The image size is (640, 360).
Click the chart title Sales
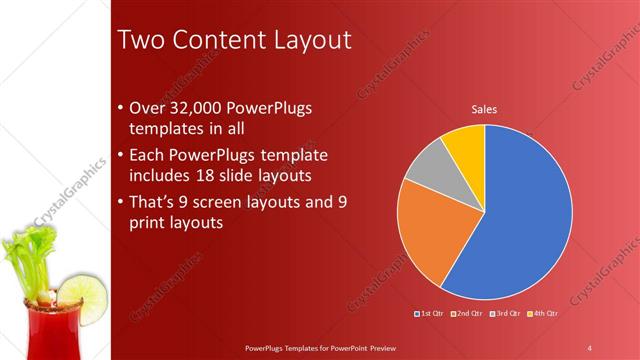(484, 109)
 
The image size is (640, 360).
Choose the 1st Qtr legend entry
(430, 314)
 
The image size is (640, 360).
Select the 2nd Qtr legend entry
(468, 314)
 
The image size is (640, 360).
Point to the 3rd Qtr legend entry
(506, 314)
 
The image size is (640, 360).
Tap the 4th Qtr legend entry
(543, 314)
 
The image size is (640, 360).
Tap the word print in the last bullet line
(150, 224)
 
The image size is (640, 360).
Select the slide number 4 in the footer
(590, 347)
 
